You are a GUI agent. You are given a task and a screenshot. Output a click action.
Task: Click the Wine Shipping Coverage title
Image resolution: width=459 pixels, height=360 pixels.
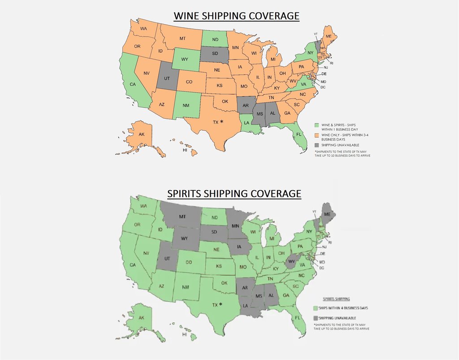236,17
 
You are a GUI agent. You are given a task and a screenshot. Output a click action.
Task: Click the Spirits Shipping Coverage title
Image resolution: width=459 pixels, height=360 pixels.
234,193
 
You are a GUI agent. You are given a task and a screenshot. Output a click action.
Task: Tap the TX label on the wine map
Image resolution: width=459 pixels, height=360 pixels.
216,122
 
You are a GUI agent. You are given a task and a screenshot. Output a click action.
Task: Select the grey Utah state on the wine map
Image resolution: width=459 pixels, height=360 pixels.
166,78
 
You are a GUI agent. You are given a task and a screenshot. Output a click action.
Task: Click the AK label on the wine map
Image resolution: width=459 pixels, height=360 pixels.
142,134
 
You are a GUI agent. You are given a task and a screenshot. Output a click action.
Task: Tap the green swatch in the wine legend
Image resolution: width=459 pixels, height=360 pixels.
316,124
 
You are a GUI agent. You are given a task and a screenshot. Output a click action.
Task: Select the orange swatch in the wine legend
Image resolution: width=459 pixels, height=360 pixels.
316,135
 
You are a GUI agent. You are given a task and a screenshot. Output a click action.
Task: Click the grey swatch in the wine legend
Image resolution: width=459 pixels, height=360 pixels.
316,145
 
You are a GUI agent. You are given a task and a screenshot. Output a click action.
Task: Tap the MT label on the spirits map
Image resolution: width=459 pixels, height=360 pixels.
182,217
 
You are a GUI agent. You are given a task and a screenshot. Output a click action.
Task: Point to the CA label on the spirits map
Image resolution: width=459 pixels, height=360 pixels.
133,265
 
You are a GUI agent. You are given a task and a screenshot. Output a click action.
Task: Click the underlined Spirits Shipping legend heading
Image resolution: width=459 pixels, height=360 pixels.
337,299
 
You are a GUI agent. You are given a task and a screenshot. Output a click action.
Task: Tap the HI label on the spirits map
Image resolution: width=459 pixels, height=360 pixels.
184,334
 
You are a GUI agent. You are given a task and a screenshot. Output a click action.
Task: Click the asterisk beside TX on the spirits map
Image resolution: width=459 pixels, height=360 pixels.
220,304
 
